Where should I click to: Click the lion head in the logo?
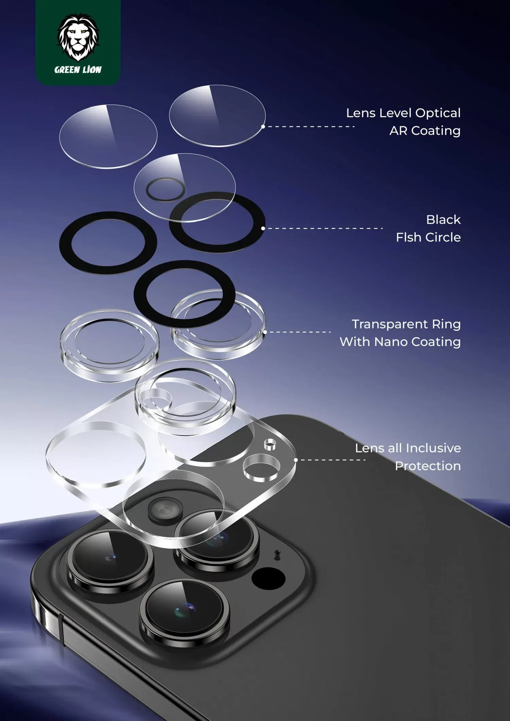click(x=78, y=37)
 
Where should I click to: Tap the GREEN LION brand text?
click(x=78, y=70)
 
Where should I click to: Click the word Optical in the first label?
click(x=438, y=114)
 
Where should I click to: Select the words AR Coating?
click(x=425, y=131)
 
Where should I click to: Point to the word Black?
click(x=443, y=220)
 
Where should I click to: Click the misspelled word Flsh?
click(x=408, y=237)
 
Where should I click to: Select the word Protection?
click(x=428, y=466)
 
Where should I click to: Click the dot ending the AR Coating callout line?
click(x=263, y=126)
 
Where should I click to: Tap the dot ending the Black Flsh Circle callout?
click(x=263, y=228)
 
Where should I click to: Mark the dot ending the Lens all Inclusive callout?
click(x=296, y=460)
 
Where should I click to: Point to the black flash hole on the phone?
click(x=268, y=578)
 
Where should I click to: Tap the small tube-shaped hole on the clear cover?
click(x=270, y=444)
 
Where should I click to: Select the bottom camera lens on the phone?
click(x=184, y=610)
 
